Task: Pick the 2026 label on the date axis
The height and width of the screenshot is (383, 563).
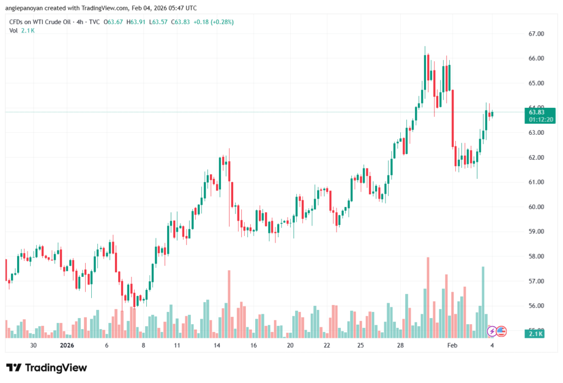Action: (67, 346)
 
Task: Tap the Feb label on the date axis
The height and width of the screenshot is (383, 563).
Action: (452, 346)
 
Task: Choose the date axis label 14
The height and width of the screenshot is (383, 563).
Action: (217, 346)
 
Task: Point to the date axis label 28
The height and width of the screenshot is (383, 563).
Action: (401, 346)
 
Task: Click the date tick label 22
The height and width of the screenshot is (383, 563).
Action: (327, 346)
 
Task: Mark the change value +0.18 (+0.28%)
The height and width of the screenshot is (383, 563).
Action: (213, 21)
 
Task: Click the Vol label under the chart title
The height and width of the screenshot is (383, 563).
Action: (14, 30)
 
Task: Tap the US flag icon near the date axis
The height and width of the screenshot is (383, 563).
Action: (501, 331)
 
